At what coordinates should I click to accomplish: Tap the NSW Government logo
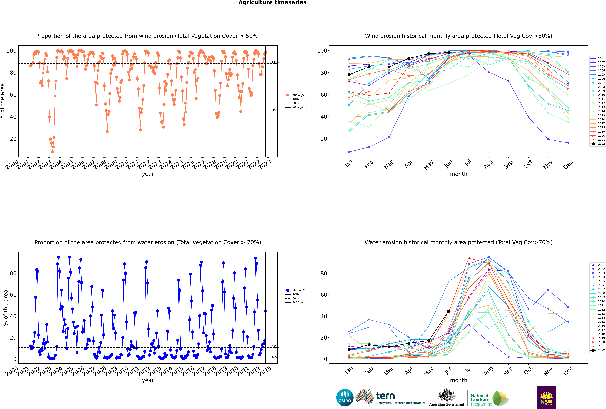[546, 397]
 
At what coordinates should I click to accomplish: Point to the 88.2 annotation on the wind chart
[275, 62]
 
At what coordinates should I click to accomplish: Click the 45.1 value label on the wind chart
[275, 110]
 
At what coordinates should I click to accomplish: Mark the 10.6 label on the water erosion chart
[275, 346]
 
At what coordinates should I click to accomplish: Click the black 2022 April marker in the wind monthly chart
[409, 58]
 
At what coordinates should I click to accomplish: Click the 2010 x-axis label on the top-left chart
[122, 165]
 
